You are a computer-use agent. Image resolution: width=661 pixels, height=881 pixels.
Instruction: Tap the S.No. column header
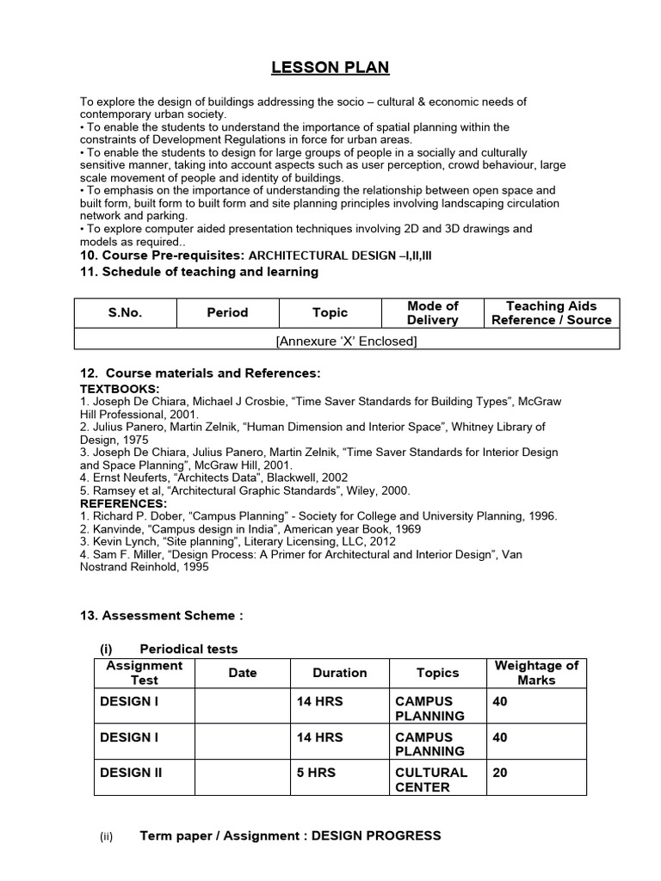(x=125, y=313)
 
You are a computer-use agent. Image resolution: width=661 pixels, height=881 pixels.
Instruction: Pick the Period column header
(x=227, y=313)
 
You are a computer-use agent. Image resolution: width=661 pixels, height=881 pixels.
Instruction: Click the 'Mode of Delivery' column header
(x=432, y=313)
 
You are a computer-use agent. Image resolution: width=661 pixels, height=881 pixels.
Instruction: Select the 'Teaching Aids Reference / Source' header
(x=551, y=313)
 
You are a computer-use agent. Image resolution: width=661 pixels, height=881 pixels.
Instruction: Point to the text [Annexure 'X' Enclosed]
(x=346, y=342)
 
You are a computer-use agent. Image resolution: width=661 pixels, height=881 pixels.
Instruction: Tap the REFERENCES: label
(x=124, y=503)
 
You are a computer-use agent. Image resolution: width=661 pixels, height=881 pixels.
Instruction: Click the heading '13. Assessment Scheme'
(x=162, y=615)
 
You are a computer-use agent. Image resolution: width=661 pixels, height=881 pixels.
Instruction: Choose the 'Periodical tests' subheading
(x=188, y=649)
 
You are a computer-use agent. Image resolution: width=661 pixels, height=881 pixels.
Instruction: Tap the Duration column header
(x=339, y=673)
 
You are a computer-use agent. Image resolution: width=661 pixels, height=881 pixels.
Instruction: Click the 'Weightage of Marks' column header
(x=536, y=673)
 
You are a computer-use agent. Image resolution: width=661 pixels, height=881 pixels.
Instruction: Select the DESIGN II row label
(x=131, y=773)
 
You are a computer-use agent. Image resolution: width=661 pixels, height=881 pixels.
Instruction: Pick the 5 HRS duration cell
(x=317, y=773)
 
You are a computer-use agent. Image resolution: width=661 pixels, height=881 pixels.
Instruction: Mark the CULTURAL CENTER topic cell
(x=431, y=779)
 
